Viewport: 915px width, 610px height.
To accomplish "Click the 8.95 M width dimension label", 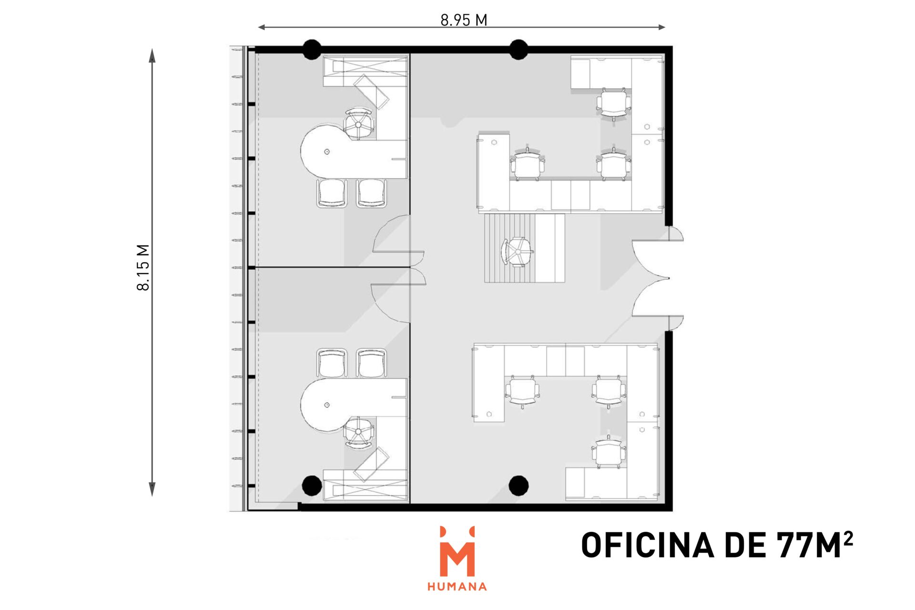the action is [464, 20].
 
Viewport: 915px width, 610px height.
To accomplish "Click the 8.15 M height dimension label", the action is [143, 267].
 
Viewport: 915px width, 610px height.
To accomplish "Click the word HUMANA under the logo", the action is [457, 587].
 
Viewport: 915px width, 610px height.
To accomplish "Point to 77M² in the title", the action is [814, 545].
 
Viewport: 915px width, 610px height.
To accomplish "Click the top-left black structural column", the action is [312, 50].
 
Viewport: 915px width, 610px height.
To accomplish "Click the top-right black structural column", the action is [518, 50].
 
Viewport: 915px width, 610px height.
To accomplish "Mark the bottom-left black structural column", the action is [312, 485].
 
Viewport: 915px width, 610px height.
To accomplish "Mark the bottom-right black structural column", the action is [518, 485].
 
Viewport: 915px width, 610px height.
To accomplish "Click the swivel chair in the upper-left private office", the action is [358, 124].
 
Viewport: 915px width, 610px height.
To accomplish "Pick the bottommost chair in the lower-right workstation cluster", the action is [609, 452].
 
